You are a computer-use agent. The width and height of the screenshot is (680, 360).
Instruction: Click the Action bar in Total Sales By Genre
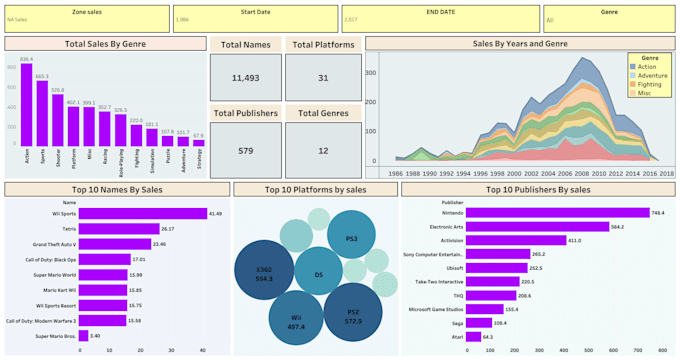pos(26,105)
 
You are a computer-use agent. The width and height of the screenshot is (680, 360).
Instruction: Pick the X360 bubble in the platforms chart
pos(264,271)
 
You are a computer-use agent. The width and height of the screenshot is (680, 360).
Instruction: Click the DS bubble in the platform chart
pos(319,273)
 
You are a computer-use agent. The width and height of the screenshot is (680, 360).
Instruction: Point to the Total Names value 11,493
pos(245,78)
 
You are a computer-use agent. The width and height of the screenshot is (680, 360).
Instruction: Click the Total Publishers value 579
pos(245,151)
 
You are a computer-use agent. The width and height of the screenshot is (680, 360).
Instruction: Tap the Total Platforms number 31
pos(321,78)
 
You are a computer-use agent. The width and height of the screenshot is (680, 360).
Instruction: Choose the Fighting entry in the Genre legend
pos(650,85)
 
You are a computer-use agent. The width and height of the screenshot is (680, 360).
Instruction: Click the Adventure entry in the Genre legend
pos(652,76)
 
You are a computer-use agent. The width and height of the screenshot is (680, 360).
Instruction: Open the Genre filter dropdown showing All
pos(608,19)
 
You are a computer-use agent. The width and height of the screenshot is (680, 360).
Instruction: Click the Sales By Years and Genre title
pos(519,44)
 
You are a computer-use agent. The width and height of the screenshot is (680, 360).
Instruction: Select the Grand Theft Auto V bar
pos(114,244)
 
